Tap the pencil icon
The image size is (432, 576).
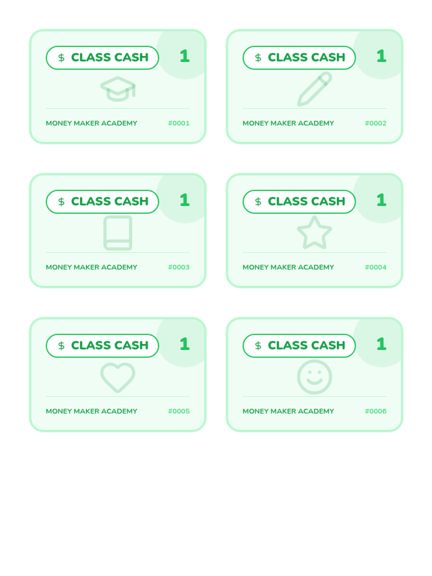tap(314, 89)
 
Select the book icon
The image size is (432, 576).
tap(118, 233)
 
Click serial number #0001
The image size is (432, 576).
tap(179, 123)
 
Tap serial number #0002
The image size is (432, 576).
tap(375, 123)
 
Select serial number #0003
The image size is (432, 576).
tap(179, 267)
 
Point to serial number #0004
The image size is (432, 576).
tap(375, 267)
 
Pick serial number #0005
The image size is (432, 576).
tap(179, 411)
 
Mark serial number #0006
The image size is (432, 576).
tap(375, 411)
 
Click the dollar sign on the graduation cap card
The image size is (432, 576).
tap(61, 58)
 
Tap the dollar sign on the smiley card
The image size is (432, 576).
tap(258, 346)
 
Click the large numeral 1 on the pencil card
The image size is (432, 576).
tap(381, 56)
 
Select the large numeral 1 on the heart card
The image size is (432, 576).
tap(185, 344)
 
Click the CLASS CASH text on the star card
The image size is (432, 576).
tap(306, 202)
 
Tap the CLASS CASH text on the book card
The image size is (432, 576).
tap(110, 202)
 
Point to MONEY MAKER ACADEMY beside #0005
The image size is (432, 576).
tap(91, 411)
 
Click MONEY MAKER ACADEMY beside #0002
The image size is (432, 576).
tap(288, 123)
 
